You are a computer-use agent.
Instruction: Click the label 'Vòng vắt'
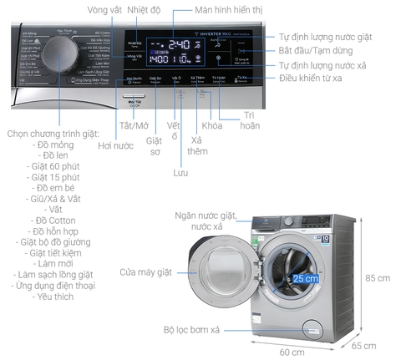click(x=104, y=10)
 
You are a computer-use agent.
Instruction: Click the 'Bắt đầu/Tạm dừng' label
click(x=314, y=51)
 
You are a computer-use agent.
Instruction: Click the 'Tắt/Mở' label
click(x=133, y=125)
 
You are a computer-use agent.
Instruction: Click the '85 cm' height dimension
click(x=377, y=277)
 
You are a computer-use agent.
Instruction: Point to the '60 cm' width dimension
click(x=292, y=351)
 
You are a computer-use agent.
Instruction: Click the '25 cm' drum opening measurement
click(x=305, y=277)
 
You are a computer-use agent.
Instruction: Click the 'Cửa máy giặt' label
click(x=148, y=271)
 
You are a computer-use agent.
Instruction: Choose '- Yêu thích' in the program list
click(x=54, y=297)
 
